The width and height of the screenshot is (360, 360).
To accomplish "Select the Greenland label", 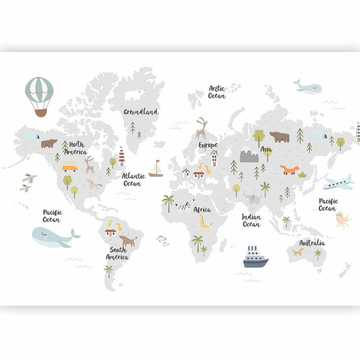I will [140, 111].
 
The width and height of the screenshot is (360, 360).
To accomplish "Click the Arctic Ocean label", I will [216, 92].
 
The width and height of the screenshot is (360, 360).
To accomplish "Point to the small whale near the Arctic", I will [307, 86].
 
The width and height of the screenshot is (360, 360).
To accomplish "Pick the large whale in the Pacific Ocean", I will [55, 236].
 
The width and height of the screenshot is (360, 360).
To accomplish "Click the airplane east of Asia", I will [338, 182].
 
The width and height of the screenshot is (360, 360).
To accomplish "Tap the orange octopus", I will [342, 220].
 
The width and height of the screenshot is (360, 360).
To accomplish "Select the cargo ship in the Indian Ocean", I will [255, 257].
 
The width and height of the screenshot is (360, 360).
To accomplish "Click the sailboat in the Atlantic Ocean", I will [156, 170].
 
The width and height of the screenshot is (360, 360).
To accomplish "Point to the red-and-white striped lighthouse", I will [122, 156].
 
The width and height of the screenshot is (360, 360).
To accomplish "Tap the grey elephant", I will [253, 199].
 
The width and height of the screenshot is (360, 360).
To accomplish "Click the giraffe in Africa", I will [204, 222].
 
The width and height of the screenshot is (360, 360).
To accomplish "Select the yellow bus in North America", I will [70, 168].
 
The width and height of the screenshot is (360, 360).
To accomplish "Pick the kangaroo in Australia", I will [297, 252].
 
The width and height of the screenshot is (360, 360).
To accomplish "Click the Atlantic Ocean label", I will [132, 179].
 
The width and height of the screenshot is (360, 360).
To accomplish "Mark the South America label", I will [116, 253].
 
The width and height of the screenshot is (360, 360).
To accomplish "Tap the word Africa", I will [202, 209].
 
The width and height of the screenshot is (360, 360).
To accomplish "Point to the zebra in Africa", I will [183, 203].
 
